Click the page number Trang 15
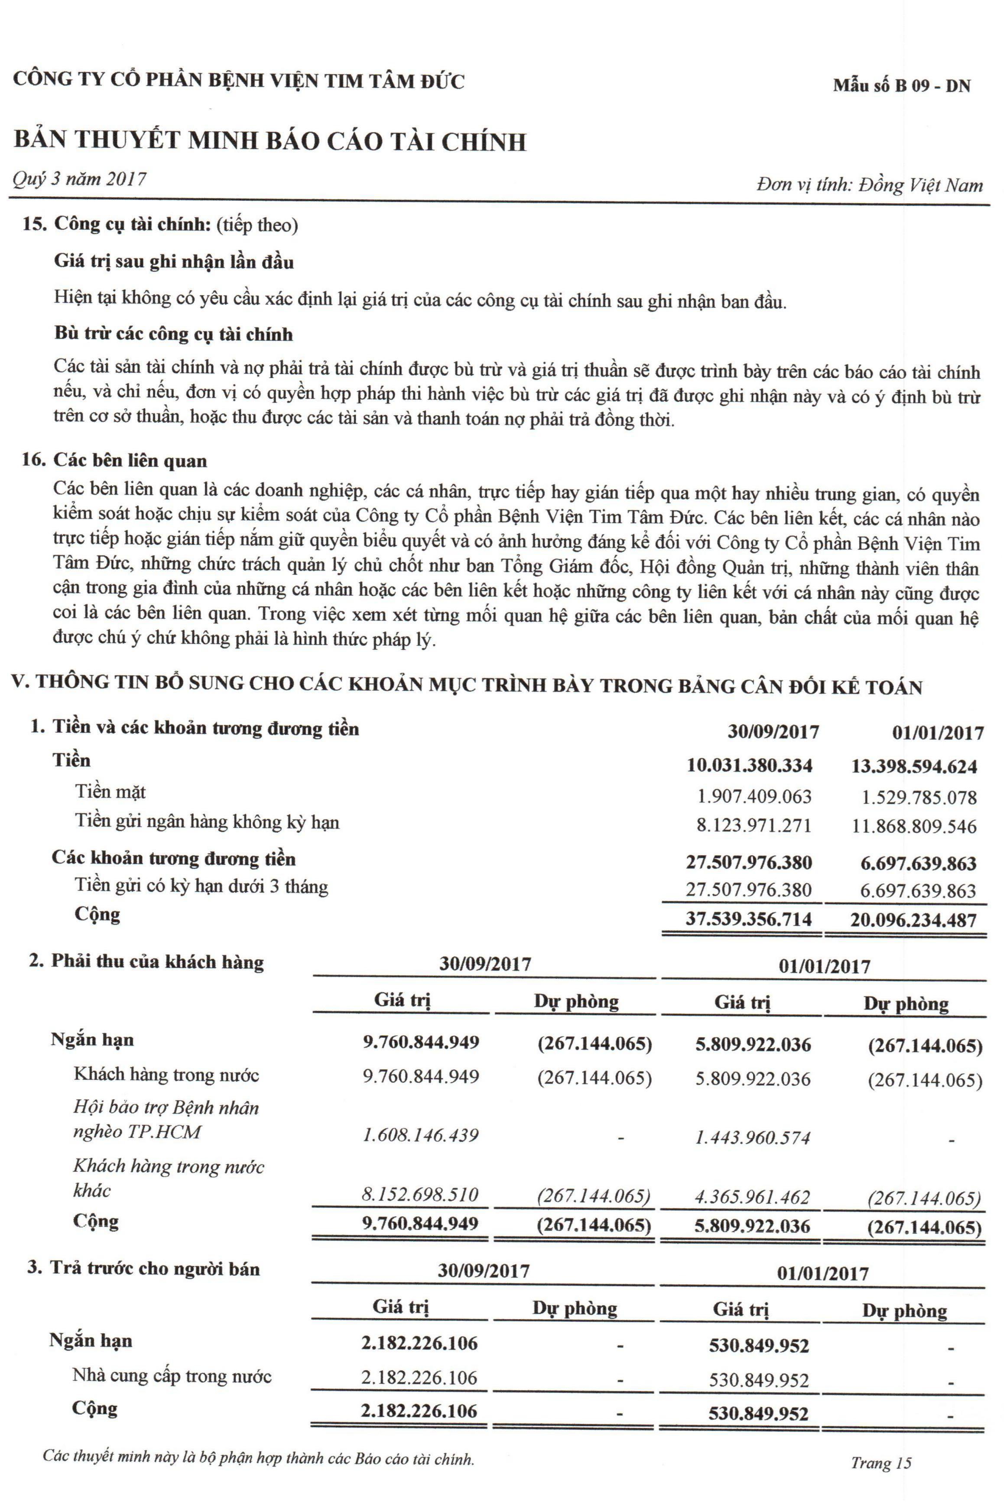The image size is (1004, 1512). pyautogui.click(x=881, y=1462)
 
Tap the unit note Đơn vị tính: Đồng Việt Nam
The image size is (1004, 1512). pyautogui.click(x=869, y=185)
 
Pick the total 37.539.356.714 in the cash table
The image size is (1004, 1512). pyautogui.click(x=748, y=919)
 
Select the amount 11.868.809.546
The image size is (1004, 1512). pyautogui.click(x=914, y=826)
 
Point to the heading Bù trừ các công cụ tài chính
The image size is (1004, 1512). pyautogui.click(x=173, y=334)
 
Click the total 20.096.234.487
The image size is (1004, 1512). pyautogui.click(x=913, y=920)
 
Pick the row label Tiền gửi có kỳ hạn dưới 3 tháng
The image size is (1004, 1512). pyautogui.click(x=201, y=886)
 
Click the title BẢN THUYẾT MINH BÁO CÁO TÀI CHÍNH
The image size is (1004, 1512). pyautogui.click(x=270, y=141)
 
